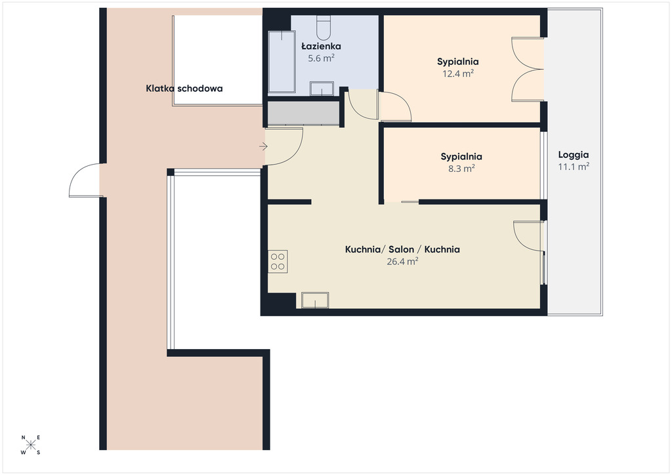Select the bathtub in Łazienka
coord(282,62)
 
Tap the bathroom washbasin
coord(322,89)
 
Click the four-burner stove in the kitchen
coord(278,262)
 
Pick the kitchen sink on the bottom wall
coord(315,300)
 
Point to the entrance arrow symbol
coord(263,146)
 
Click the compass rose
coord(30,445)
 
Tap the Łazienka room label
coord(321,47)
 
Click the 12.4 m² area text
coord(457,73)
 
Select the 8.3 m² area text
coord(461,169)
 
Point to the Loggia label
coord(574,155)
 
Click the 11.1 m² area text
coord(574,167)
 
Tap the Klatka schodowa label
coord(184,89)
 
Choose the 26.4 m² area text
coord(402,261)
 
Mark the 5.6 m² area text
coord(321,58)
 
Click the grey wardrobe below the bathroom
coord(303,113)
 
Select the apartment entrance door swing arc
coord(297,154)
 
